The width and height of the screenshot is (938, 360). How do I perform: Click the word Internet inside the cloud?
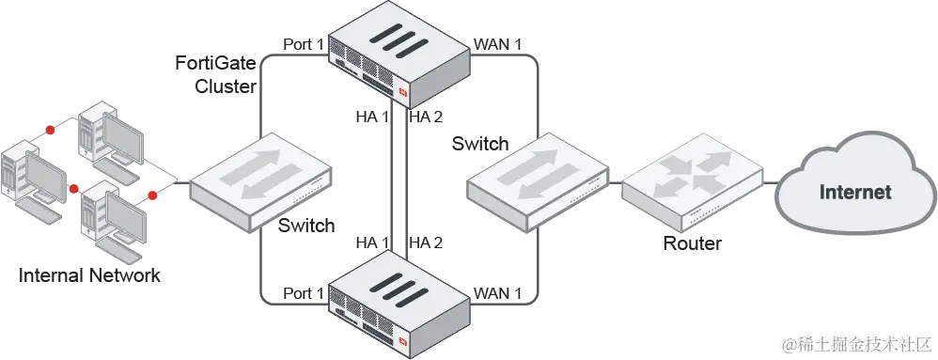point(854,193)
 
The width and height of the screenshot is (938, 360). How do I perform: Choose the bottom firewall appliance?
point(399,299)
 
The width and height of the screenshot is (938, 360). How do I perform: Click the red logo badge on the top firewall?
point(404,92)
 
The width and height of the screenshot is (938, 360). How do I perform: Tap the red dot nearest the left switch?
point(151,196)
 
